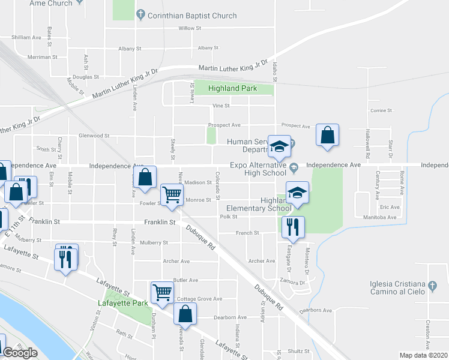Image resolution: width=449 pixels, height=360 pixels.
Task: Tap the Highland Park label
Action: [232, 88]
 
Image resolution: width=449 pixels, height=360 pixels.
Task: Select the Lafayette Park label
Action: [122, 304]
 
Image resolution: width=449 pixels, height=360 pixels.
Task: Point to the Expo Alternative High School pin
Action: [294, 167]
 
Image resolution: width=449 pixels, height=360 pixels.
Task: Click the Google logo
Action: [20, 353]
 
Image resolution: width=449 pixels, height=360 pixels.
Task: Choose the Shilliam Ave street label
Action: [26, 37]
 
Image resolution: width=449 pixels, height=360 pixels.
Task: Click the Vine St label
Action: [221, 106]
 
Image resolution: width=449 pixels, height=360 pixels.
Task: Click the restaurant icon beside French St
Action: [293, 227]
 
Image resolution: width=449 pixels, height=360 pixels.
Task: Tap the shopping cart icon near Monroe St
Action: [172, 194]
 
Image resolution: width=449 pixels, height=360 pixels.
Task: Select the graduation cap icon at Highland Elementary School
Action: [297, 193]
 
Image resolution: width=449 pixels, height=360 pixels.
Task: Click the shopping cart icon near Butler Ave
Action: [162, 292]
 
